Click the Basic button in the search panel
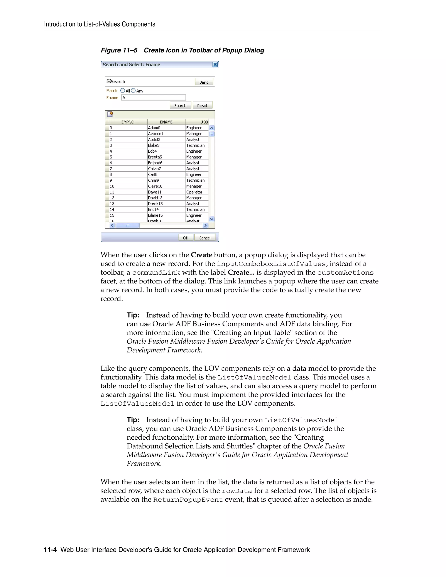204,82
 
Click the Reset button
202,105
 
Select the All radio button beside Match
123,91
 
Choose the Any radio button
133,91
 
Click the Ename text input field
153,98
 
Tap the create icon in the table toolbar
110,114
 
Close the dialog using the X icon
215,64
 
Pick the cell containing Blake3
154,145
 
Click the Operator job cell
194,192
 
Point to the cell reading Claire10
155,186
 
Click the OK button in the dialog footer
186,238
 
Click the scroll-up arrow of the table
212,128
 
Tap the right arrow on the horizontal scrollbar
205,225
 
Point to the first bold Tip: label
133,315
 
